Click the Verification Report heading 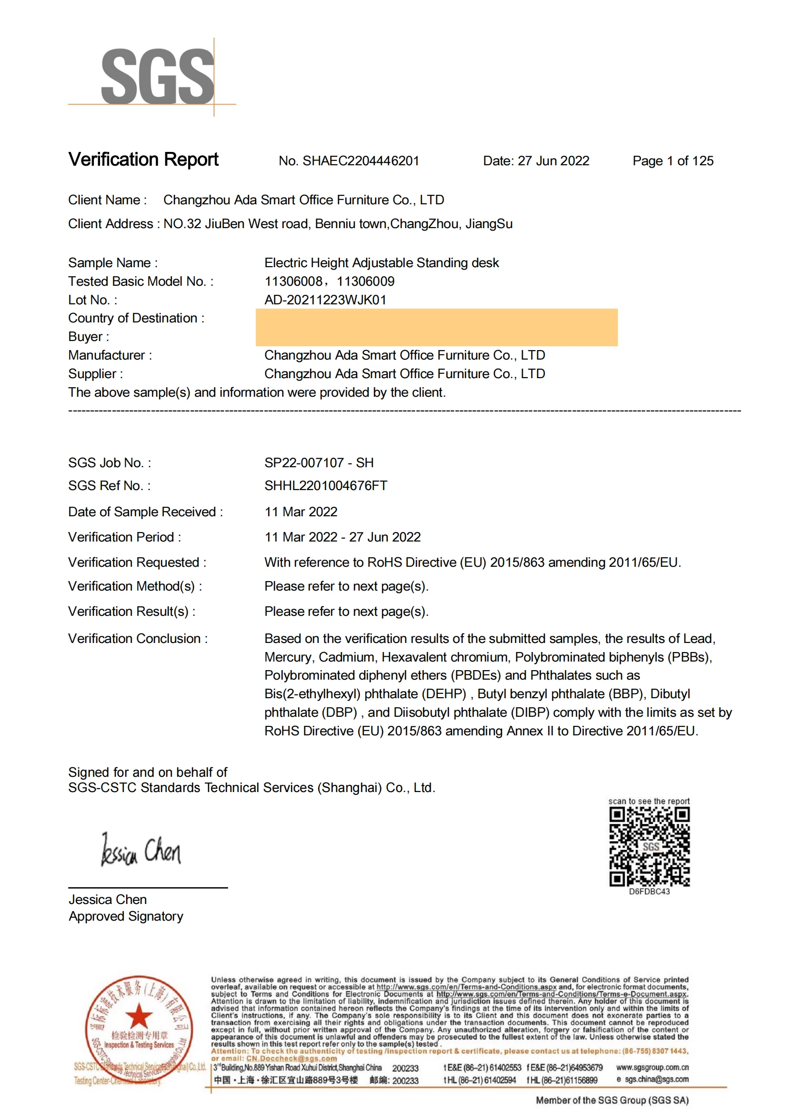coord(143,160)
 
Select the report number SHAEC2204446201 coord(361,161)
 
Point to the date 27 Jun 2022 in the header coord(553,161)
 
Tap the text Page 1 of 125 coord(673,161)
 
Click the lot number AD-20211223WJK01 coord(325,300)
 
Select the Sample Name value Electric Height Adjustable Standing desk coord(382,263)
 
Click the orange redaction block coord(436,328)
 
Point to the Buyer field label coord(88,337)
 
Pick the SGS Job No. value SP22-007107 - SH coord(319,463)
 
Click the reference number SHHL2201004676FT coord(325,486)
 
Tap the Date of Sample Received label coord(145,512)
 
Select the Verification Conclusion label coord(137,639)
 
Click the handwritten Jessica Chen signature coord(141,851)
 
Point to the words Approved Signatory coord(126,916)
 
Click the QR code coord(649,847)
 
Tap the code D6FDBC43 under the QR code coord(649,891)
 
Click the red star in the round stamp coord(139,1016)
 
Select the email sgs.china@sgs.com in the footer coord(656,1080)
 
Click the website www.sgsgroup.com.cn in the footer coord(652,1067)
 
